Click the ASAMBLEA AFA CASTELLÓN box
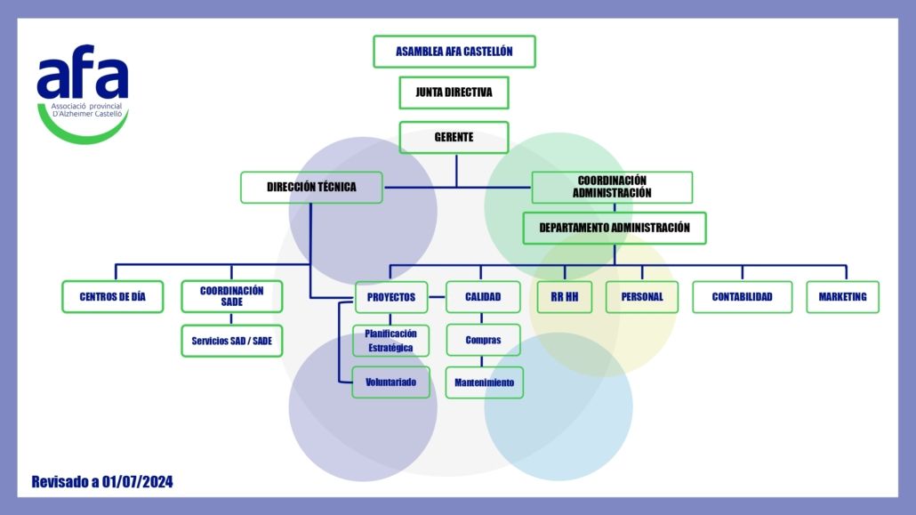(x=454, y=52)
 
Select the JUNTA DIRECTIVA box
(x=454, y=93)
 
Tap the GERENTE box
(x=454, y=137)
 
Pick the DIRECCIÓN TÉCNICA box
(x=311, y=187)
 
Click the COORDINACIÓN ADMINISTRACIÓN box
(x=612, y=187)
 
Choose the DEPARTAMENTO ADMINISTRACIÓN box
(x=615, y=228)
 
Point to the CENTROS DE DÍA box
(x=113, y=297)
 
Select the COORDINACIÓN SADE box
(x=232, y=296)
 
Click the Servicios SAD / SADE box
(x=232, y=341)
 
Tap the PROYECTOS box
(x=391, y=297)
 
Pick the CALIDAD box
(x=483, y=297)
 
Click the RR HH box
(x=565, y=297)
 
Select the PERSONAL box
(x=642, y=297)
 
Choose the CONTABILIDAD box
(x=743, y=297)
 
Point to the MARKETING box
(x=843, y=297)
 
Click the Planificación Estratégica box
(x=390, y=341)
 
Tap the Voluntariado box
(x=390, y=382)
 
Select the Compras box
(x=483, y=340)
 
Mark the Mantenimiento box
(x=485, y=382)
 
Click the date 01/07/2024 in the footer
(x=137, y=482)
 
